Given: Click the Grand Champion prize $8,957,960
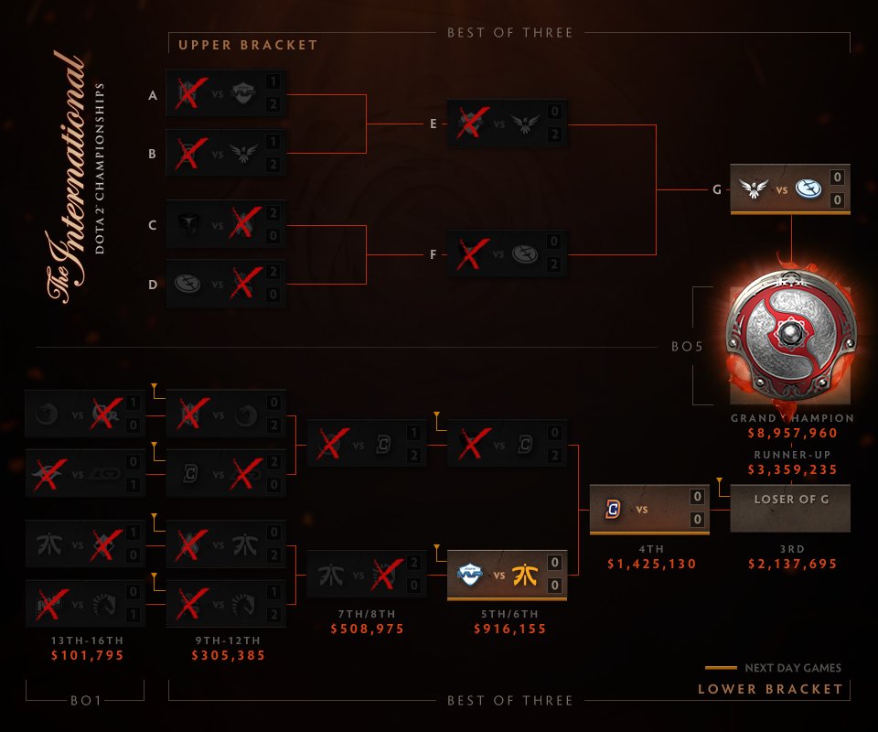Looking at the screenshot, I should pos(792,435).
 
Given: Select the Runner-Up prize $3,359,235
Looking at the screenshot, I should pos(792,470).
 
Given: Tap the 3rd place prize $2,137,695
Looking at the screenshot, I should pos(792,565).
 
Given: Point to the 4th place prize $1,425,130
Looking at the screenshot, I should pos(651,565).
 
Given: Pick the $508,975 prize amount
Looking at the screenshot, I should pos(367,630).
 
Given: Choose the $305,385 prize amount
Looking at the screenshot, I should pos(227,656).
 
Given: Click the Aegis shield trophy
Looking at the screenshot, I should pos(792,338).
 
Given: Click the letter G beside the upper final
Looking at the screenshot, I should pos(716,189).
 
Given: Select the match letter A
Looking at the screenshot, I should pos(153,94).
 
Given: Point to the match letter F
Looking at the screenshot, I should pos(434,253).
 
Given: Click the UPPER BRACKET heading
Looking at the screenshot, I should pos(248,45).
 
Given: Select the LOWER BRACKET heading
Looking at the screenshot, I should pos(770,689).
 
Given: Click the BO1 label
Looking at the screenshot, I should pos(85,701).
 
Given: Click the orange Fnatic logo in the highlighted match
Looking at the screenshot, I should pos(527,576).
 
